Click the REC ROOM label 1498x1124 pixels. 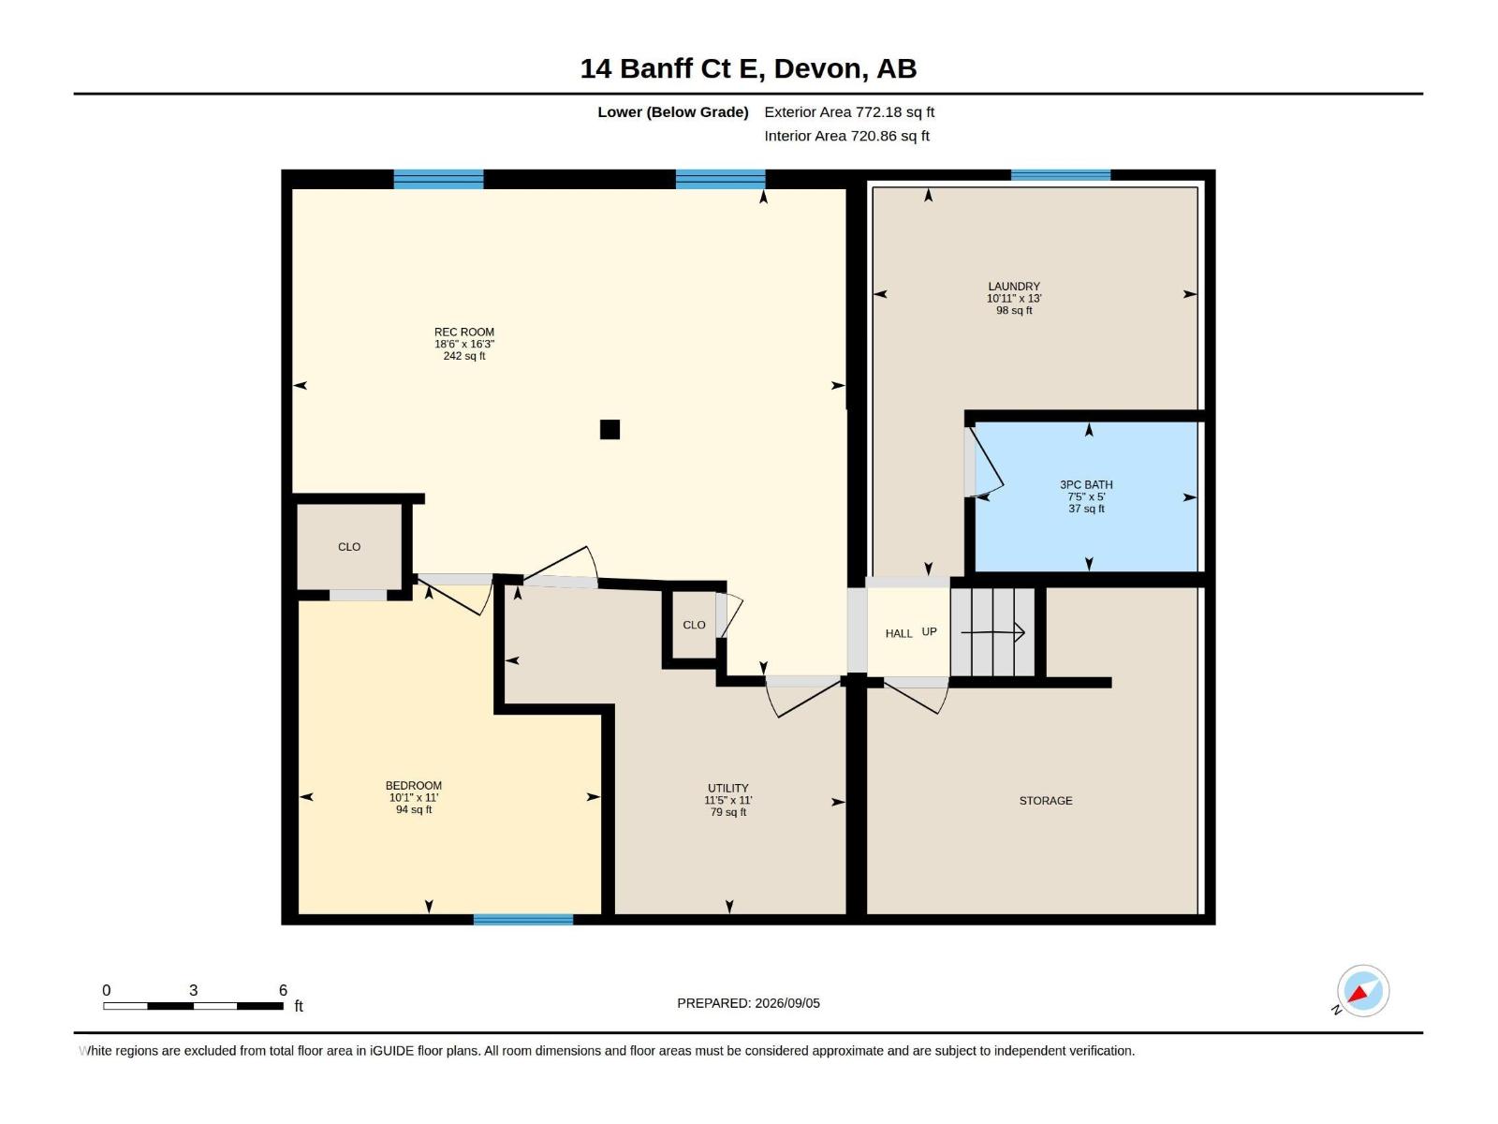(x=464, y=333)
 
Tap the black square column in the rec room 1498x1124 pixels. (x=609, y=429)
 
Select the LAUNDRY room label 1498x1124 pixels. (x=1013, y=287)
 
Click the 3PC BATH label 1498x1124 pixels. (x=1086, y=484)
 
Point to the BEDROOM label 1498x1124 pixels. (x=414, y=786)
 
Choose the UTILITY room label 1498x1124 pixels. (x=728, y=789)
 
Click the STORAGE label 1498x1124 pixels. (x=1046, y=801)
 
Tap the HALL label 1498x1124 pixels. (x=899, y=633)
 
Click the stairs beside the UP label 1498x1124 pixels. (x=993, y=632)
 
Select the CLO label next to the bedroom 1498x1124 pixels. (x=348, y=547)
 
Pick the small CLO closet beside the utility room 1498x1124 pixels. (x=694, y=625)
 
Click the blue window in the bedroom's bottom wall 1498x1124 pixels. (x=523, y=919)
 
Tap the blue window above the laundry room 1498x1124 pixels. (x=1061, y=175)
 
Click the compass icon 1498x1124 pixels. (x=1363, y=990)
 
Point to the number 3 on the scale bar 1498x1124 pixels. (x=193, y=989)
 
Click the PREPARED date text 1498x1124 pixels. (x=748, y=1002)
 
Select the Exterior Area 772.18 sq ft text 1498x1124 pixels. (x=849, y=111)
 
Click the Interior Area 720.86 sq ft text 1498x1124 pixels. (x=846, y=136)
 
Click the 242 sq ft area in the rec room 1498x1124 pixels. (x=464, y=356)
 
